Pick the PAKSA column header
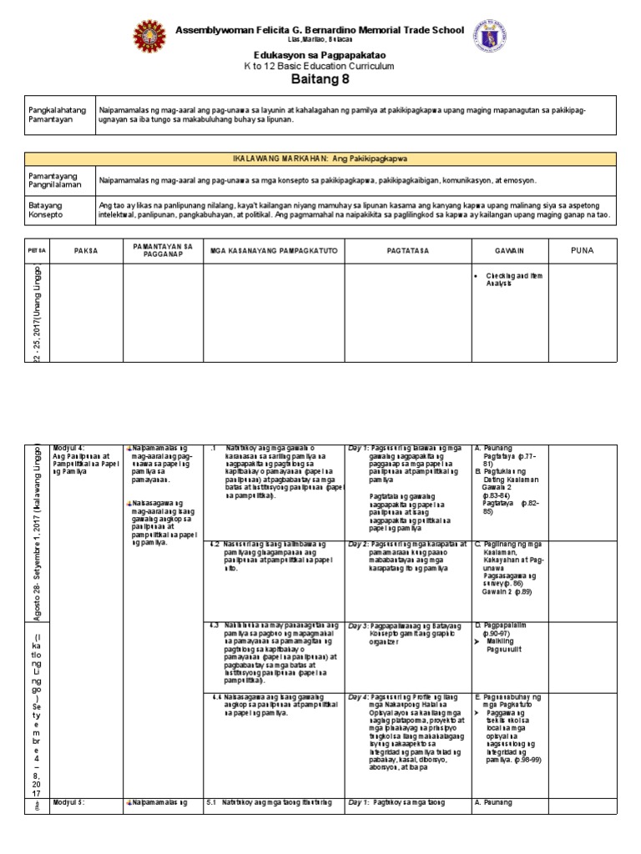tap(86, 249)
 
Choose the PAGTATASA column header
tap(407, 249)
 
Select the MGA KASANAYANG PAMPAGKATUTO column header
tap(274, 249)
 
